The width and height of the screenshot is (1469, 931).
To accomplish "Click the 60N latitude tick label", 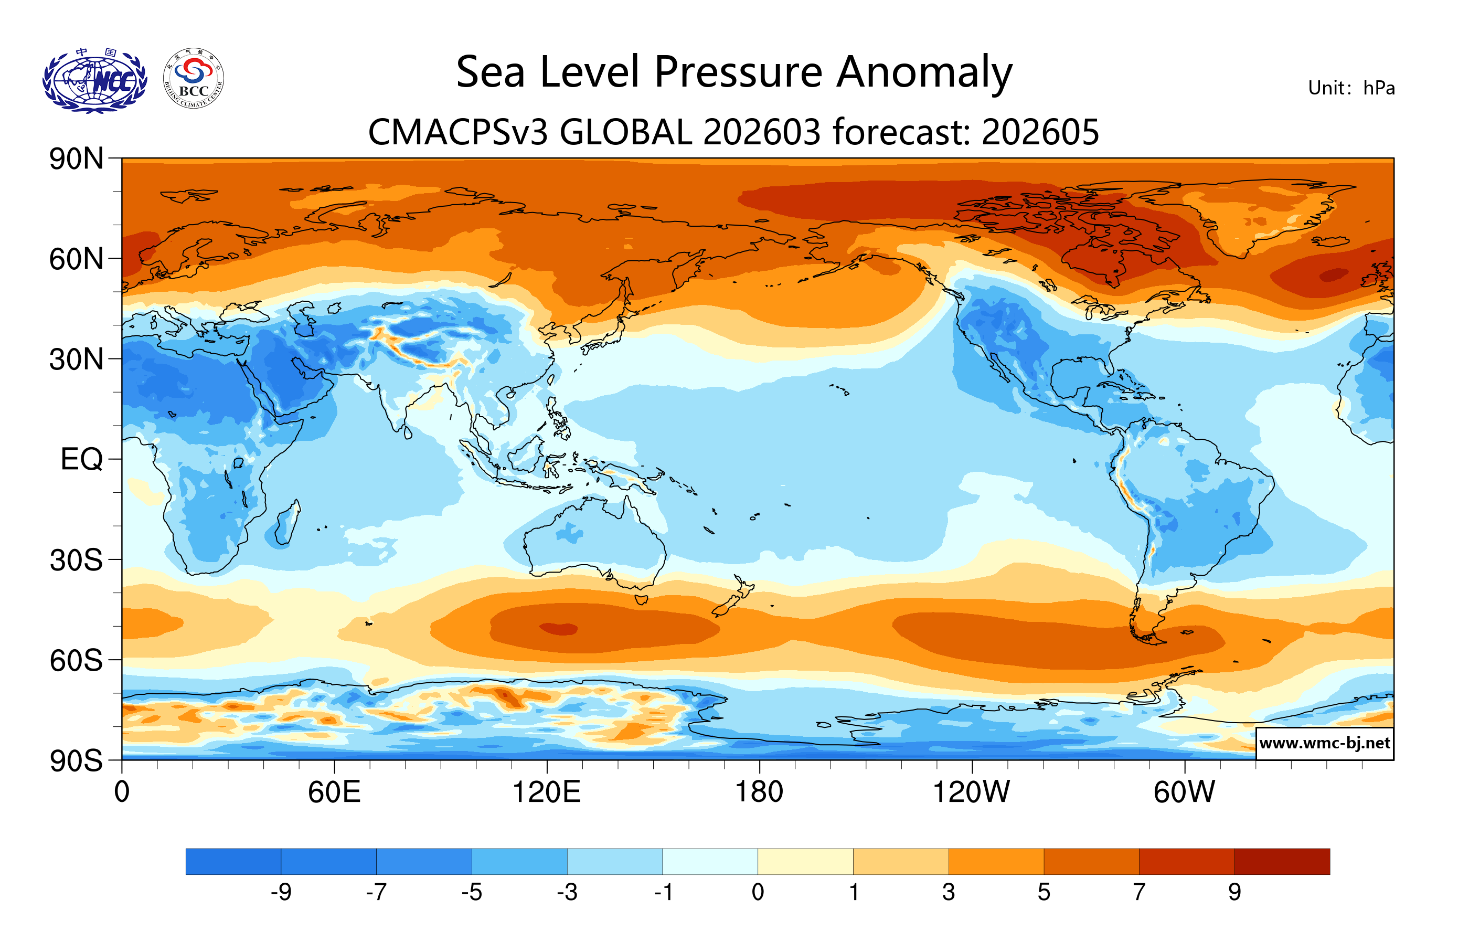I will coord(76,259).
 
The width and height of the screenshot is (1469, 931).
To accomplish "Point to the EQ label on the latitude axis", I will coord(82,459).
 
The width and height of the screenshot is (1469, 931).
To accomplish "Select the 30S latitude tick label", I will coord(76,560).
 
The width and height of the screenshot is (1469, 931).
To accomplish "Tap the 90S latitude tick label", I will coord(76,761).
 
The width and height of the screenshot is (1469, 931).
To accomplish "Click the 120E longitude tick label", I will coord(547,792).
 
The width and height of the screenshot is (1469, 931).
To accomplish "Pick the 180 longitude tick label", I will coord(759,792).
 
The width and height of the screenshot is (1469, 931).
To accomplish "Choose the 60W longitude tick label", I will coord(1184,792).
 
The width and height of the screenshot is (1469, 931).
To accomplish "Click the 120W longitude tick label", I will coord(971,792).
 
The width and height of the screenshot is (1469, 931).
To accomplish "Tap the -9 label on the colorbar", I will coord(281,893).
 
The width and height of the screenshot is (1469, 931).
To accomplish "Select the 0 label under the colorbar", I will coord(758,893).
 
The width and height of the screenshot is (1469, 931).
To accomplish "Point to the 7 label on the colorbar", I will coord(1139,893).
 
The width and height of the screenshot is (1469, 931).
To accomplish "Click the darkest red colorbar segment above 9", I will coord(1282,861).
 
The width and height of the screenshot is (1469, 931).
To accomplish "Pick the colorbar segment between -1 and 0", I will coord(710,861).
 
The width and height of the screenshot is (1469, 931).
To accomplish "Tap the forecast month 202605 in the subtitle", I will coord(1040,132).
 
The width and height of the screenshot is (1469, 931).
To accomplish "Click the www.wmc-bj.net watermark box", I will coord(1324,743).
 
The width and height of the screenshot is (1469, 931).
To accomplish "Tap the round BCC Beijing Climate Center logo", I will coord(194,79).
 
